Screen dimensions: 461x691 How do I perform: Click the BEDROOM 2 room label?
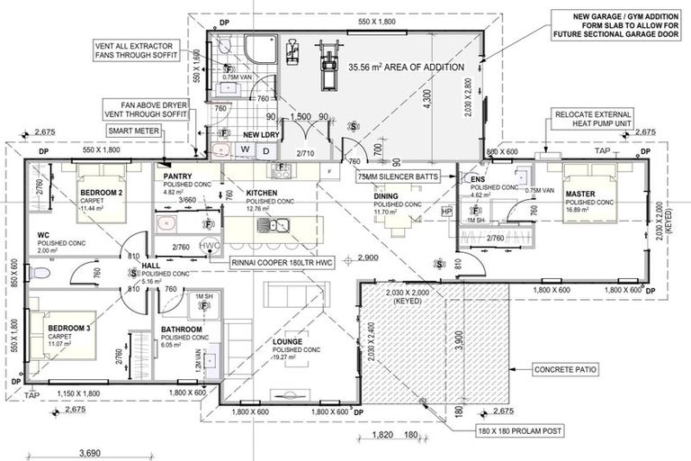tap(102, 194)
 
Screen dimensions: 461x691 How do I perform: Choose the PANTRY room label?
tap(177, 177)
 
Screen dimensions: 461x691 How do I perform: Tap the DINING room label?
tap(386, 195)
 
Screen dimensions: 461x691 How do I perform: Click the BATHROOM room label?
tap(182, 330)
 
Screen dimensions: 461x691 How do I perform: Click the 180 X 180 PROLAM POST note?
tap(521, 431)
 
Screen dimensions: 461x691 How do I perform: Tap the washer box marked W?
tap(245, 149)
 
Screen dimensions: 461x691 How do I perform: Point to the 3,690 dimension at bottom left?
tap(87, 453)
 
